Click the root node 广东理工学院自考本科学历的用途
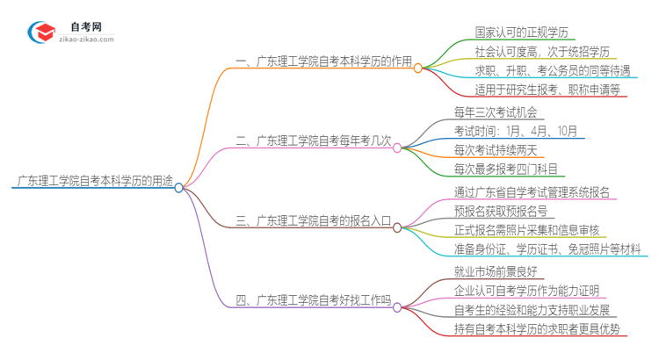coord(91,182)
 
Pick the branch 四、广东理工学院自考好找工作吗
coord(313,301)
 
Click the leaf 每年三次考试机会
coord(499,112)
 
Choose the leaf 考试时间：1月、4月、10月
coord(516,130)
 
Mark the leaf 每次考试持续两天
coord(499,149)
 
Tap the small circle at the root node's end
coord(179,187)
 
